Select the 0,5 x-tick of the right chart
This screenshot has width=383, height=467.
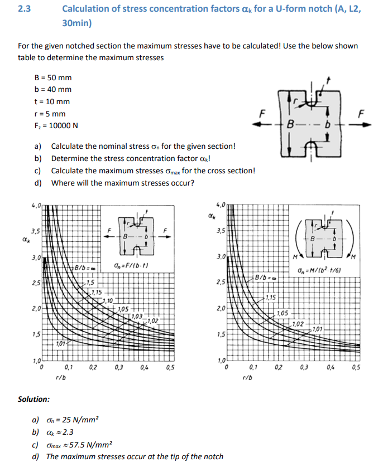pos(357,367)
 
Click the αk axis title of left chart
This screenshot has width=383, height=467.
pos(24,240)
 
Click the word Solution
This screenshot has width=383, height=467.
pos(33,399)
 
